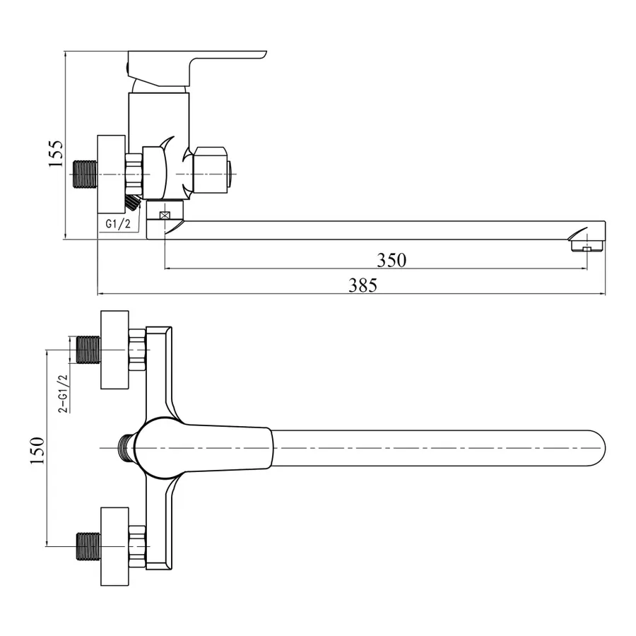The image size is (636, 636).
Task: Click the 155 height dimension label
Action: pos(57,153)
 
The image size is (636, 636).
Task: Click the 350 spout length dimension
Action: pos(391,260)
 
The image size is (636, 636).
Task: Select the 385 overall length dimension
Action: pos(363,285)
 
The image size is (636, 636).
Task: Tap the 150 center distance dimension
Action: pos(37,449)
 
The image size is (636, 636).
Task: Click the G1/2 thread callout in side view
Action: pos(119,223)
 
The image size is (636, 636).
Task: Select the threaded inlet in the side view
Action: pos(85,174)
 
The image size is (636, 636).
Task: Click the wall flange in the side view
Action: pos(111,174)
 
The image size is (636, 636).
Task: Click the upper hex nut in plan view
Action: pos(138,349)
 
